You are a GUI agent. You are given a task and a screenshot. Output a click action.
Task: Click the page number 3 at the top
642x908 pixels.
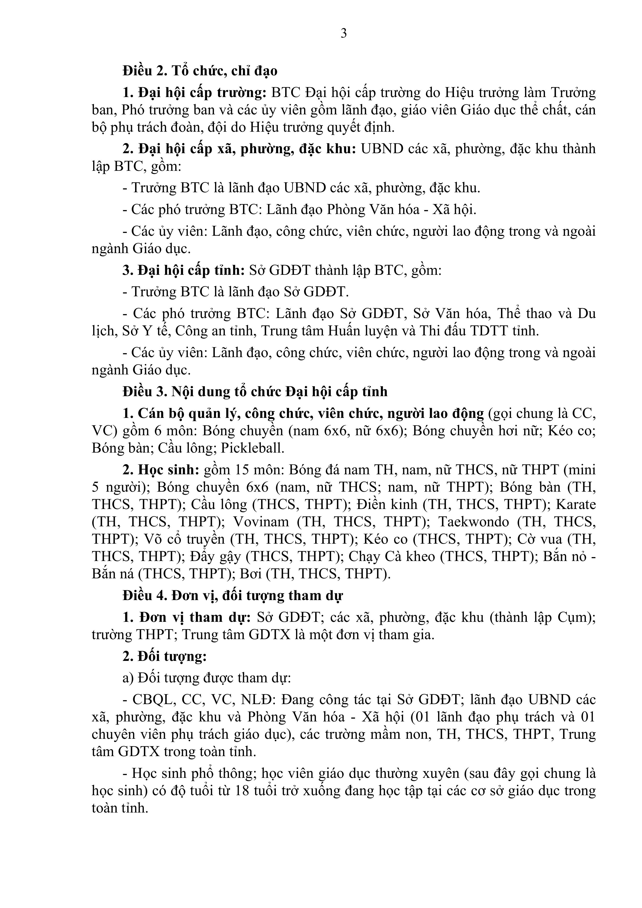tap(343, 34)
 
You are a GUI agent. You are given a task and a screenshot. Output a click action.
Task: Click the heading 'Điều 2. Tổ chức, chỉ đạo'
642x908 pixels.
tap(200, 71)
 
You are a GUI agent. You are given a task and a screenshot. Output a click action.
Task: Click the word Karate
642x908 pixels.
tap(575, 504)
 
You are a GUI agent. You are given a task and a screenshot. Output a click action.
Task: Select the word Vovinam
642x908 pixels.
tap(261, 522)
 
